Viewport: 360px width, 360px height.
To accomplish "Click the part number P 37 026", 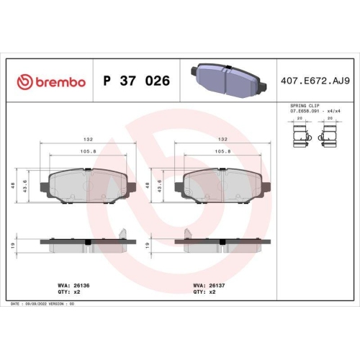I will pyautogui.click(x=137, y=81).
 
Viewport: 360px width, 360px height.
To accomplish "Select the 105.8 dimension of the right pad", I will pyautogui.click(x=224, y=153).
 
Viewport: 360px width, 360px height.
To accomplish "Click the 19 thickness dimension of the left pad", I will pyautogui.click(x=16, y=246).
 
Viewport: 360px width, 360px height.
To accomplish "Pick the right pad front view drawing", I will pyautogui.click(x=224, y=186).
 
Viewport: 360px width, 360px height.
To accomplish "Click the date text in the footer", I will pyautogui.click(x=43, y=304).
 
